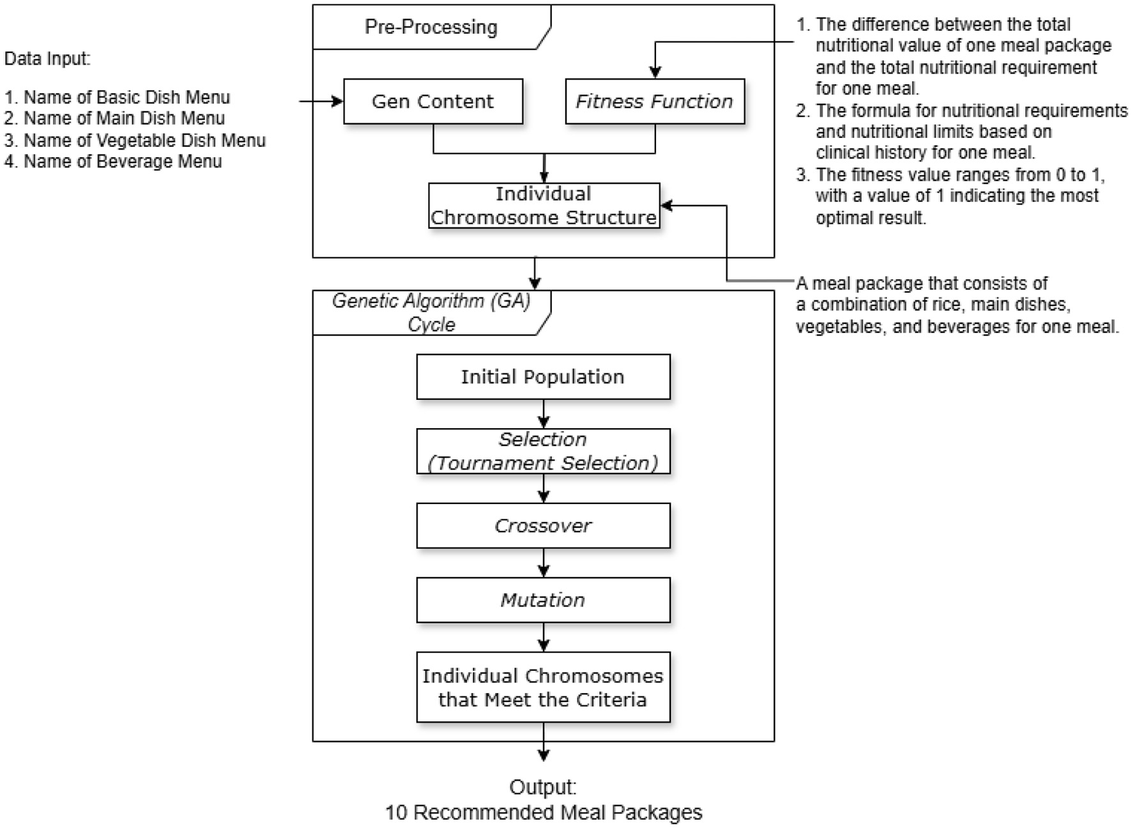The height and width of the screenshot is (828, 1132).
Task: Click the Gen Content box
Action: [433, 101]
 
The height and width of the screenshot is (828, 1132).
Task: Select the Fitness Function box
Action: [655, 101]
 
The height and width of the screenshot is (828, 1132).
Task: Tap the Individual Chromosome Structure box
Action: [544, 206]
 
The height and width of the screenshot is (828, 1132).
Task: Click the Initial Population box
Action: [543, 377]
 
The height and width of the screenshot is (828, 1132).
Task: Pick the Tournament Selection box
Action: [543, 451]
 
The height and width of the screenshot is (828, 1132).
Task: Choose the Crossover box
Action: [543, 526]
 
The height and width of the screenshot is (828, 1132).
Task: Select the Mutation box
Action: [543, 600]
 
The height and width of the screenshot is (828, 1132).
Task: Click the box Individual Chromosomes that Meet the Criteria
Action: [543, 687]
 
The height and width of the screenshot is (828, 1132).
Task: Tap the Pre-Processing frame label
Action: [431, 27]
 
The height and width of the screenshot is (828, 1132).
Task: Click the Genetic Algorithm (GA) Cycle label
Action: [431, 312]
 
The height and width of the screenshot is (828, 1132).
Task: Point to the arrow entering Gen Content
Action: [322, 101]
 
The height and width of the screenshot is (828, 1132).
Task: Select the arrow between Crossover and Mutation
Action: [544, 563]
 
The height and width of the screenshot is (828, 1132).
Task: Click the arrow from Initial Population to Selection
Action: [544, 414]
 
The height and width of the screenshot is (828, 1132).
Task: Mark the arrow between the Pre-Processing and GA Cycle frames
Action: [535, 273]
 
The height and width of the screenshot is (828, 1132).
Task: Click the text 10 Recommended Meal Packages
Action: [543, 813]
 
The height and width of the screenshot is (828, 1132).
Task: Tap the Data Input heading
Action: [47, 59]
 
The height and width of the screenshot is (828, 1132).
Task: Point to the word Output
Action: [543, 787]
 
